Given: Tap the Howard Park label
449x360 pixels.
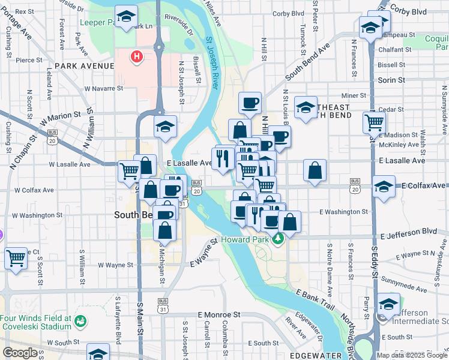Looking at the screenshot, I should click(243, 239).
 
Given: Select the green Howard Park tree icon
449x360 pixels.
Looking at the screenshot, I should click(277, 240).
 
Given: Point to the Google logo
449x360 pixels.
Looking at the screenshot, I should click(20, 353).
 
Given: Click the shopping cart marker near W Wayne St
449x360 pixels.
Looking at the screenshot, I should click(16, 258).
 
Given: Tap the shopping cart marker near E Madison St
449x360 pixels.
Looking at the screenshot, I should click(375, 122).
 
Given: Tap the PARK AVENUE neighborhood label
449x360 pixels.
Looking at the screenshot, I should click(84, 65).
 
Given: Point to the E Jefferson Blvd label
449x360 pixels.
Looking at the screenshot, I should click(409, 231).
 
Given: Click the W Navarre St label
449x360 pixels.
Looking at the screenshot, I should click(103, 88).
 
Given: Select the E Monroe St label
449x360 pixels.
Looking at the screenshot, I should click(219, 314).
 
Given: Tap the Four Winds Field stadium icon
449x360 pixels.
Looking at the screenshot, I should click(79, 323).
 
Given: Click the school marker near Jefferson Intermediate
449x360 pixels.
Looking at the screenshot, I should click(388, 304).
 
